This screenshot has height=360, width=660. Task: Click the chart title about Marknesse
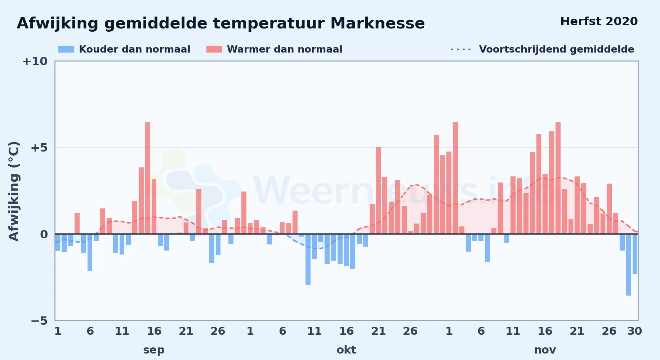(221, 23)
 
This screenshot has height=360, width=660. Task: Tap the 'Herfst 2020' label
(599, 21)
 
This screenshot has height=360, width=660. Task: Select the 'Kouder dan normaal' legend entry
(124, 49)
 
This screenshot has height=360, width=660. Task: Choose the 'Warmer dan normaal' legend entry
(274, 49)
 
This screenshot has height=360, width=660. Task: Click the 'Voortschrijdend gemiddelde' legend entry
(542, 49)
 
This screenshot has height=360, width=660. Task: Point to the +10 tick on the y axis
(35, 61)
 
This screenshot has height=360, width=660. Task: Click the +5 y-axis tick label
(39, 148)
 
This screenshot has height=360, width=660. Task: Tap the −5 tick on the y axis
(39, 320)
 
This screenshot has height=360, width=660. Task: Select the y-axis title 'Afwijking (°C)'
(14, 191)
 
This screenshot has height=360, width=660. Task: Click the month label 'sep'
(154, 350)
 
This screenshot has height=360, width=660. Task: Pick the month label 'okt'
(346, 350)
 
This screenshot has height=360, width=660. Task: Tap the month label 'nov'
(545, 350)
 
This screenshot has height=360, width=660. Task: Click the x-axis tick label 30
(634, 331)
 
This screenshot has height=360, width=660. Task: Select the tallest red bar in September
(148, 178)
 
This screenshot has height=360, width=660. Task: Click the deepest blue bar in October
(308, 260)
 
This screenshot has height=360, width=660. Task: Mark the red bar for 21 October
(378, 190)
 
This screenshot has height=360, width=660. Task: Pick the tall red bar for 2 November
(455, 178)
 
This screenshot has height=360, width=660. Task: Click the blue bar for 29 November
(629, 265)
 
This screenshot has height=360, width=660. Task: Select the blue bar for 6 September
(90, 252)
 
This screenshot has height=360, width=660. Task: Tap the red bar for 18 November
(558, 178)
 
